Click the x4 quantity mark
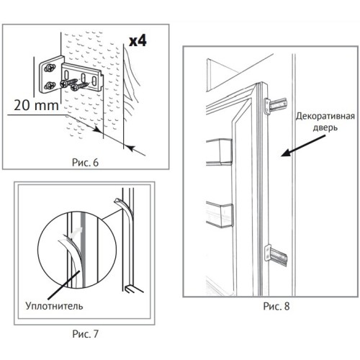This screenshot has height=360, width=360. click(x=138, y=41)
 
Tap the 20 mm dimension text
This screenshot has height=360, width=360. click(x=36, y=105)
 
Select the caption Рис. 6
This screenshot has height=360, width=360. click(x=85, y=163)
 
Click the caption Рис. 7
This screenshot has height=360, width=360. click(x=86, y=334)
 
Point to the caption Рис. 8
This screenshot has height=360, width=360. click(x=276, y=306)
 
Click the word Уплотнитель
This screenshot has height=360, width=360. click(x=54, y=306)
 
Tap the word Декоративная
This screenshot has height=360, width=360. click(x=325, y=116)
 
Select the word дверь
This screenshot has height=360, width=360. click(x=325, y=128)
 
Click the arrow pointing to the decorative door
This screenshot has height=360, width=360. click(x=303, y=145)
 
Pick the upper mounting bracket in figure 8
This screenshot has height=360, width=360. click(x=276, y=105)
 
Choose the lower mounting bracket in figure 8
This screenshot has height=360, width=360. click(x=276, y=255)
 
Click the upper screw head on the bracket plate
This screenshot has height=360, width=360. click(x=50, y=68)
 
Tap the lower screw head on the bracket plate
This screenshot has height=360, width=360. click(x=50, y=85)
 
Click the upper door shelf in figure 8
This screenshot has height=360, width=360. click(x=220, y=152)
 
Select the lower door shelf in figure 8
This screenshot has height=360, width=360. click(x=220, y=215)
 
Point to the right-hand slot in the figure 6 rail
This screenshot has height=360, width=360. click(x=94, y=81)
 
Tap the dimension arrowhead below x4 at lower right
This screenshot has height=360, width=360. click(x=130, y=148)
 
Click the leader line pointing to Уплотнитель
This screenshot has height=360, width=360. click(x=64, y=284)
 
